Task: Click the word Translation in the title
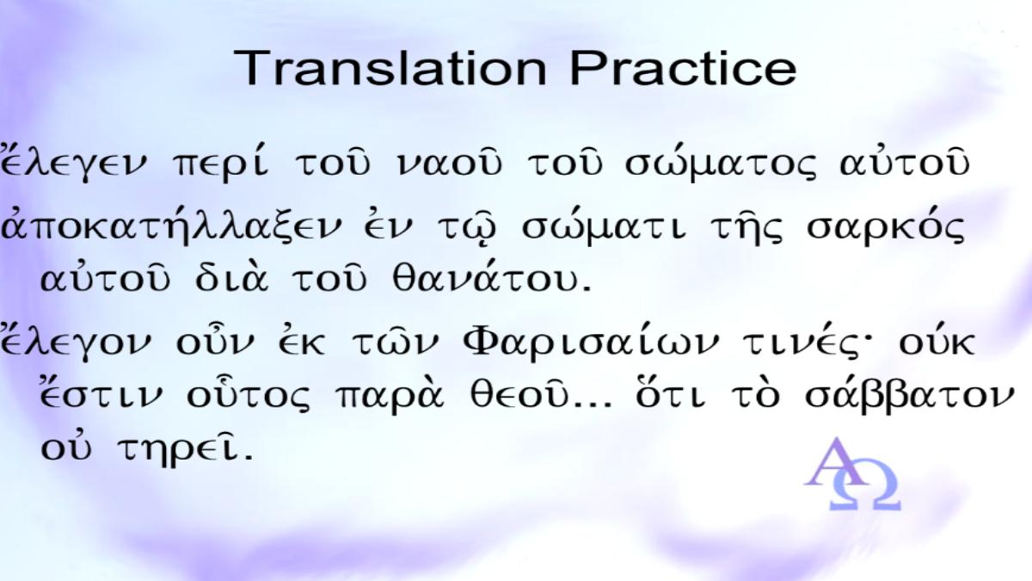pyautogui.click(x=390, y=68)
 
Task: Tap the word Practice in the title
pyautogui.click(x=683, y=68)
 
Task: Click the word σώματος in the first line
pyautogui.click(x=721, y=163)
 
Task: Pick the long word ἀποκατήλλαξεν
pyautogui.click(x=171, y=226)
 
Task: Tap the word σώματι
pyautogui.click(x=604, y=226)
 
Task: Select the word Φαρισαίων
pyautogui.click(x=591, y=341)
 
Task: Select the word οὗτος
pyautogui.click(x=249, y=394)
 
